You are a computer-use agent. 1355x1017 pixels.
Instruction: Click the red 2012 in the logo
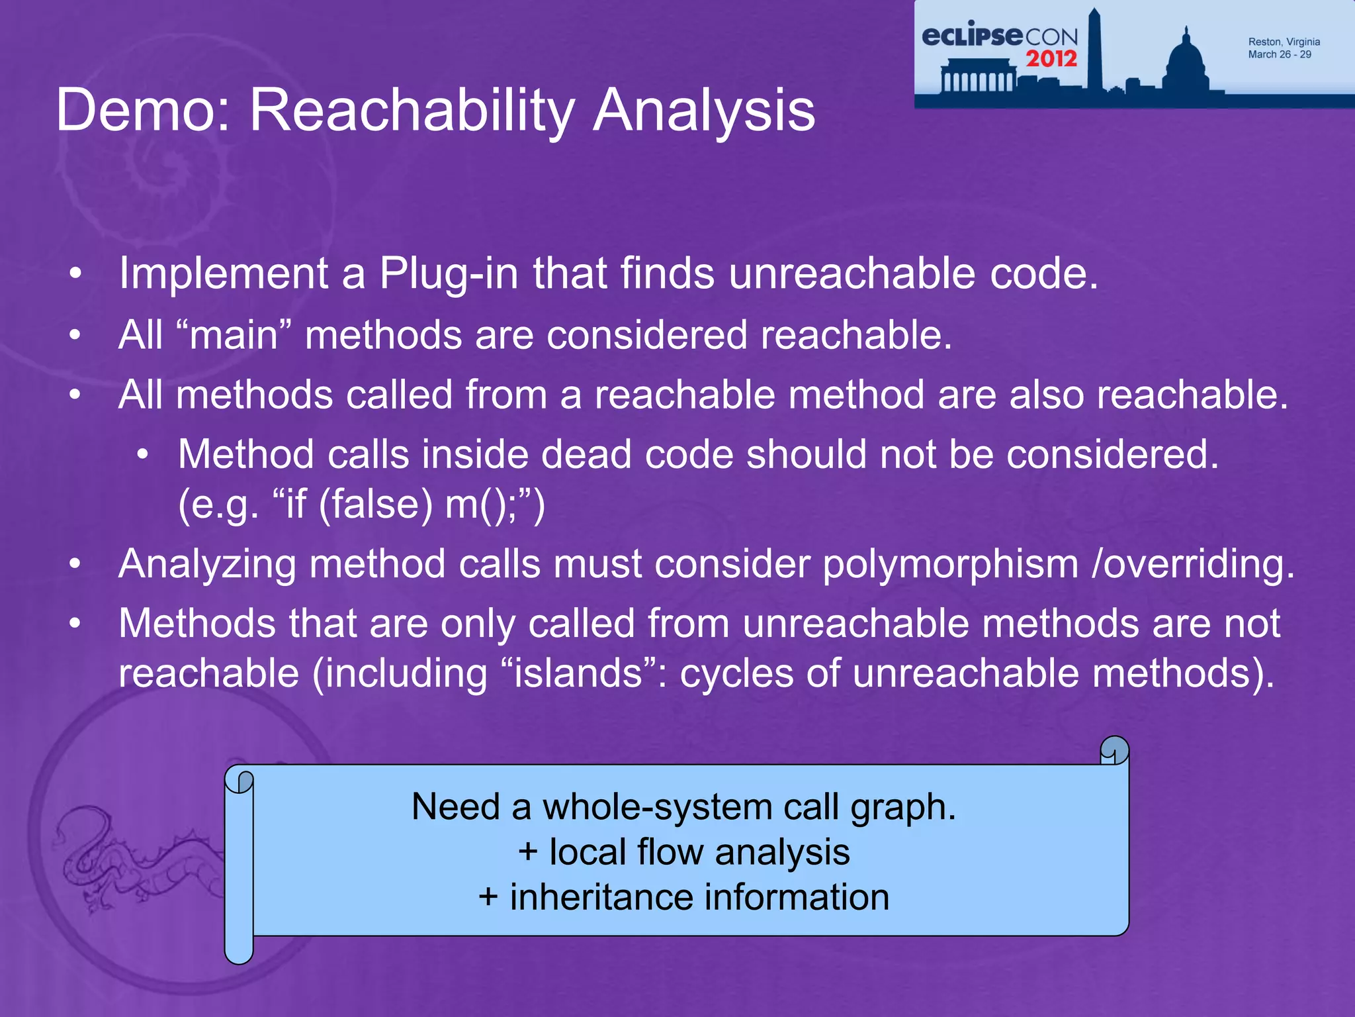[x=1051, y=60]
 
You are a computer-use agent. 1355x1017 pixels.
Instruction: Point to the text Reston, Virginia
[x=1284, y=42]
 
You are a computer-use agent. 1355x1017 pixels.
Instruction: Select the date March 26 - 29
[x=1279, y=55]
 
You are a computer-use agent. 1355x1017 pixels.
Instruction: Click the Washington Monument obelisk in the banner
[x=1094, y=53]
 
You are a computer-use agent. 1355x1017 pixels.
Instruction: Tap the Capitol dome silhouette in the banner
[x=1186, y=63]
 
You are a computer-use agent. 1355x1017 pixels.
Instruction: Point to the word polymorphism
[x=950, y=565]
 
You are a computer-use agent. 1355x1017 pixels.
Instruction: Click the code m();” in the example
[x=495, y=505]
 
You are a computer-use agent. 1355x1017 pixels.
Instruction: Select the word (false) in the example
[x=375, y=505]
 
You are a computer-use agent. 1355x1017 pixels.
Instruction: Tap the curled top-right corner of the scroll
[x=1114, y=750]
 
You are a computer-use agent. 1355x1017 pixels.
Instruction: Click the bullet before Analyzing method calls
[x=75, y=565]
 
